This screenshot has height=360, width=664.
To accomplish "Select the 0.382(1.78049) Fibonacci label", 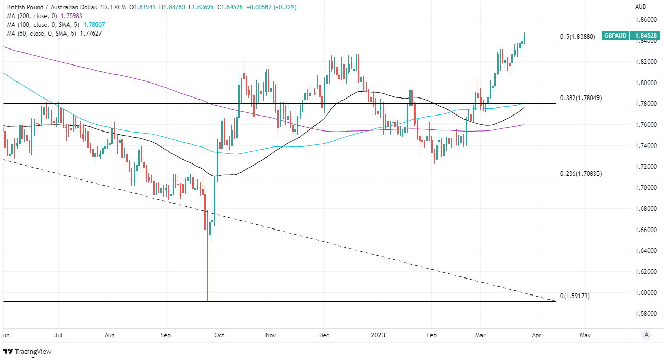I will coord(581,98).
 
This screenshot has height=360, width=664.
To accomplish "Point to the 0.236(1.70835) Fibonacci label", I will coord(581,174).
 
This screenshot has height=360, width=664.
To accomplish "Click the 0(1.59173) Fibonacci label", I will coord(575,296).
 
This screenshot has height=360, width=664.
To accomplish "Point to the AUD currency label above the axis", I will coord(641,7).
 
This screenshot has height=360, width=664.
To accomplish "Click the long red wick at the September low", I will coord(207,273).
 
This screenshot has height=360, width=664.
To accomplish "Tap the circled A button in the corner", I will coord(646,335).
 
